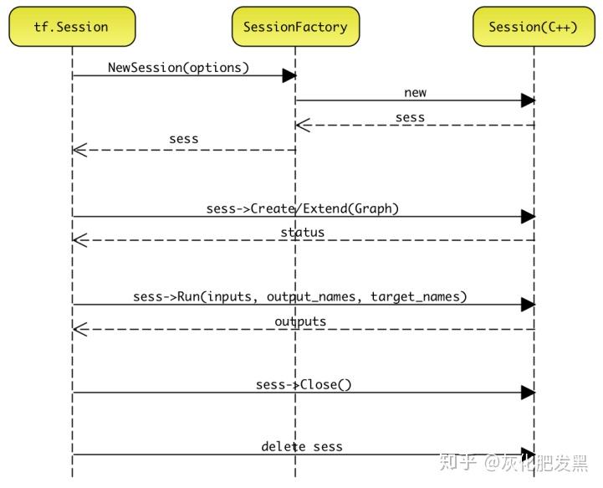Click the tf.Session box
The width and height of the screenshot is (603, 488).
[72, 27]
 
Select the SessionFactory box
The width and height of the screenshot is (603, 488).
[295, 27]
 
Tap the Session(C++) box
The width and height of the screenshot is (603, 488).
[534, 27]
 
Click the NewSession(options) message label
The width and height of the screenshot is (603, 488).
[178, 67]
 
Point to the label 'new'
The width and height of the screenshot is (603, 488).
[415, 93]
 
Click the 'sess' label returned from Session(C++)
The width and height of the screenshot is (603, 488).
[410, 118]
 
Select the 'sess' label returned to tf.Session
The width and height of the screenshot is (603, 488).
[183, 139]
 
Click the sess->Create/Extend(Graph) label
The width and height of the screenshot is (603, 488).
[302, 208]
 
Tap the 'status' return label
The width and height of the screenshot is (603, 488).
[302, 232]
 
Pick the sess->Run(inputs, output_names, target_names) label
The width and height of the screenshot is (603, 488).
[299, 296]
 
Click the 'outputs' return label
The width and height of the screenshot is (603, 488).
[300, 321]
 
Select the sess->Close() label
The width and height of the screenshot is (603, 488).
[304, 384]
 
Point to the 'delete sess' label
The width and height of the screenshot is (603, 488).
[302, 446]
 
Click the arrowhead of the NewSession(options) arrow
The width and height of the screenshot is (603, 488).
[289, 76]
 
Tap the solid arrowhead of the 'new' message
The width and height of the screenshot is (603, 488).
[528, 100]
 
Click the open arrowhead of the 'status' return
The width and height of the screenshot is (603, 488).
[79, 241]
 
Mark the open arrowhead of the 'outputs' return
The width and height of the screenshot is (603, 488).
[79, 330]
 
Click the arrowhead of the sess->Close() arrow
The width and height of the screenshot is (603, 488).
[528, 393]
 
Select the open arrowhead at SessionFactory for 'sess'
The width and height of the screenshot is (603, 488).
[303, 126]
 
